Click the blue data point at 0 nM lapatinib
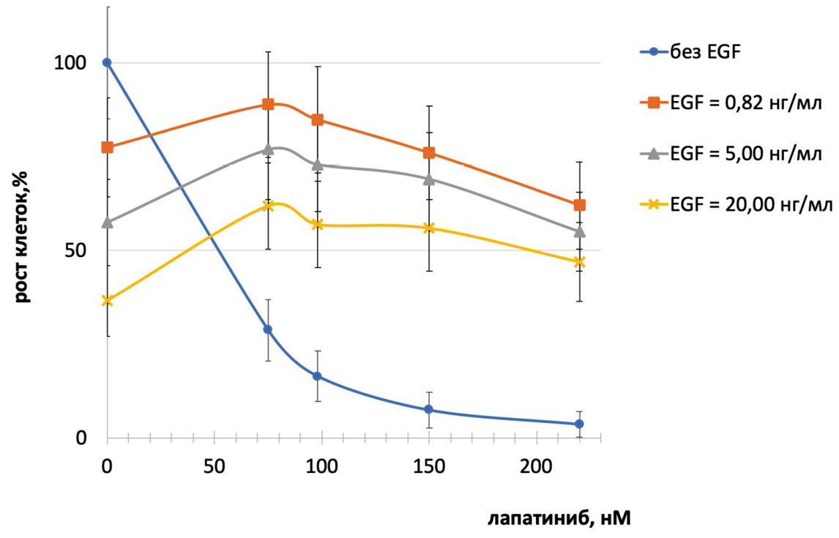point(107,62)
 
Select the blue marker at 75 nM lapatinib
point(268,329)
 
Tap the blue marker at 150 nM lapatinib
point(429,409)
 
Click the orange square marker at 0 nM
point(107,147)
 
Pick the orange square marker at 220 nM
point(579,205)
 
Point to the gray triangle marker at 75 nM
point(268,149)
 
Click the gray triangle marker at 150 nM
point(429,179)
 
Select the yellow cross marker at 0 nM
point(107,300)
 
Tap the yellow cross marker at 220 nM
point(579,262)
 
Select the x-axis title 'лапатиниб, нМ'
point(559,518)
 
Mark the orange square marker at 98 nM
point(317,119)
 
